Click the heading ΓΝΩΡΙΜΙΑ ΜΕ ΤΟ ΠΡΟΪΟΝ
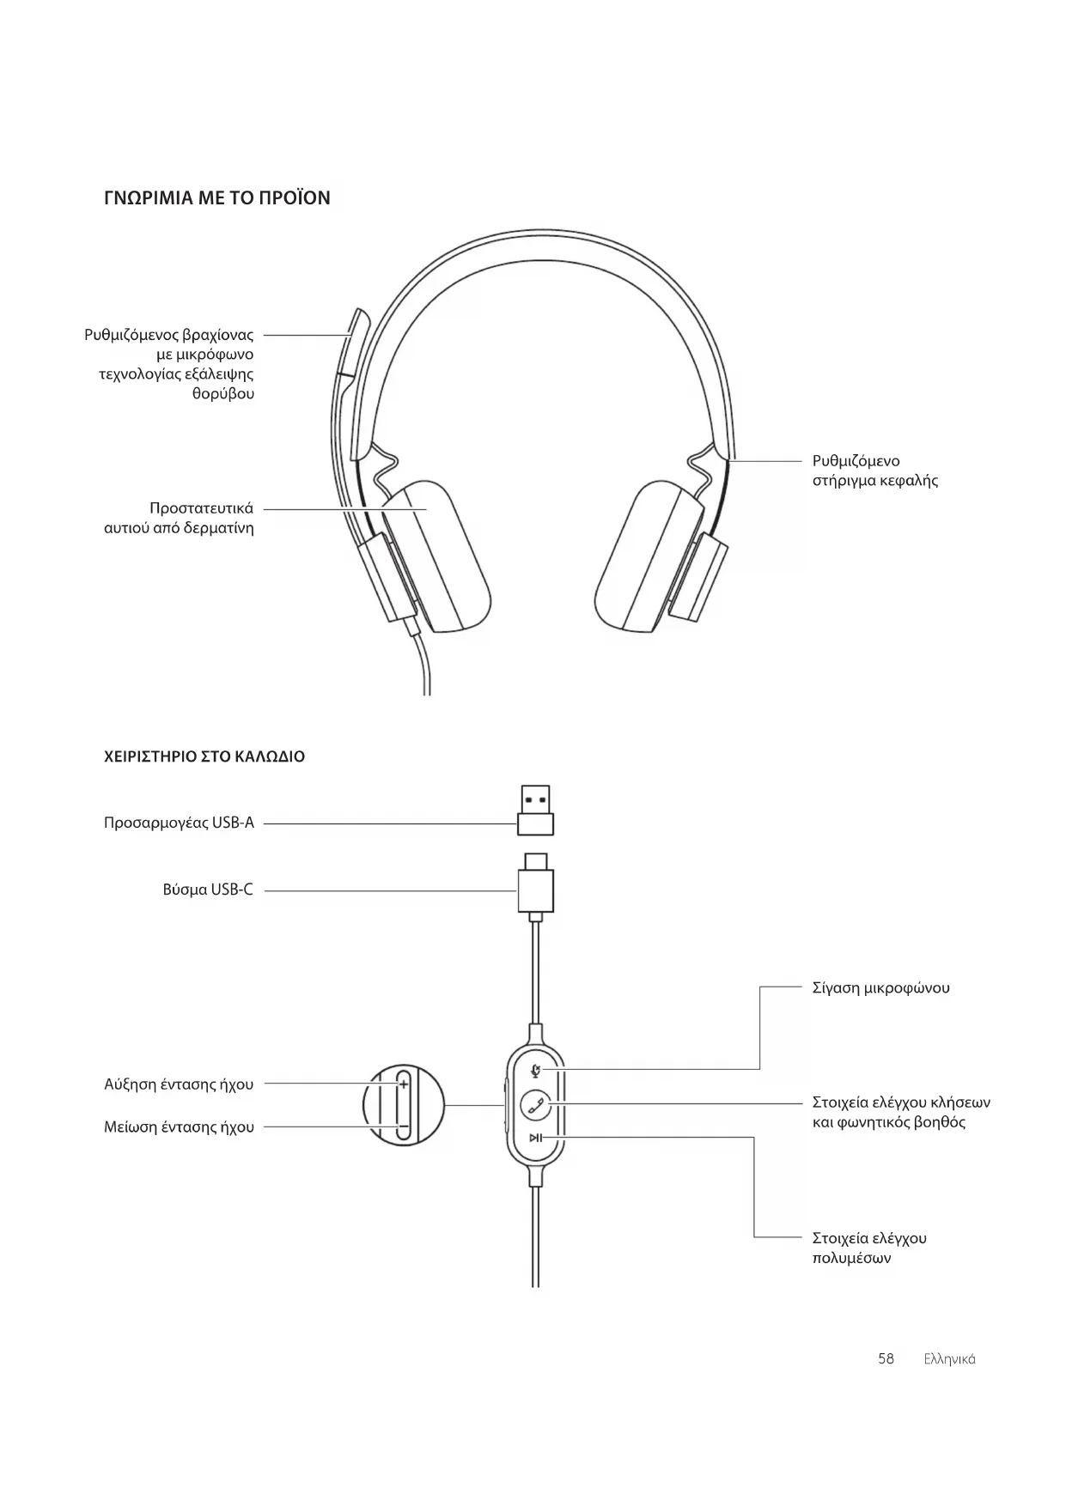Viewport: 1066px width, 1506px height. [x=216, y=198]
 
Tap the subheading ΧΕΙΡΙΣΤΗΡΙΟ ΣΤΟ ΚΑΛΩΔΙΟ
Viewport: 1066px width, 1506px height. [x=204, y=756]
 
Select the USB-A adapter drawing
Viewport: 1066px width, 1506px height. [x=535, y=810]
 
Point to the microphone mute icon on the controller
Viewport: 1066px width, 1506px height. [x=536, y=1070]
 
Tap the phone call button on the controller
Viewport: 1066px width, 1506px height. [x=536, y=1104]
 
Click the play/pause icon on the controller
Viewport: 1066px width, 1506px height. [x=535, y=1139]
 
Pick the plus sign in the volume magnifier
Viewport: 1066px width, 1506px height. [x=403, y=1084]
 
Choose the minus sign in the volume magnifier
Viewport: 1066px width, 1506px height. [x=402, y=1126]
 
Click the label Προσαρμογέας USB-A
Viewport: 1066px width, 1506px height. [x=179, y=823]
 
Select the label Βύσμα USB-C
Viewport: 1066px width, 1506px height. [x=208, y=890]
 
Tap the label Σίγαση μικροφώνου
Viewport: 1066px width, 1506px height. [x=880, y=987]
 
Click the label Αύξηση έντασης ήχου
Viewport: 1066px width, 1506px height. [x=179, y=1084]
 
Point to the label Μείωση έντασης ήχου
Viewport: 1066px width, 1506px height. [x=179, y=1126]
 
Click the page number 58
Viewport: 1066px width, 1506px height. [x=886, y=1358]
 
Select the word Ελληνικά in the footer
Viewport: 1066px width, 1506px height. [x=949, y=1359]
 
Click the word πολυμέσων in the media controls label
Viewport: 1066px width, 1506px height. [x=851, y=1258]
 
